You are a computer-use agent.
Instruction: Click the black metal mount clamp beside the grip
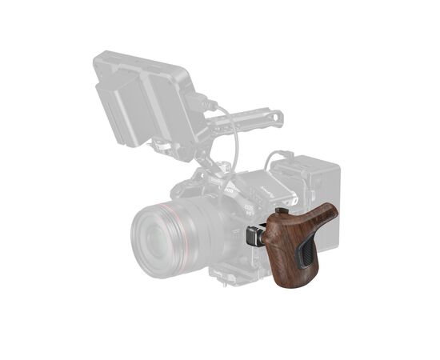[x=254, y=237]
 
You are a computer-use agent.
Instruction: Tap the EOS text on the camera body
[x=248, y=207]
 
